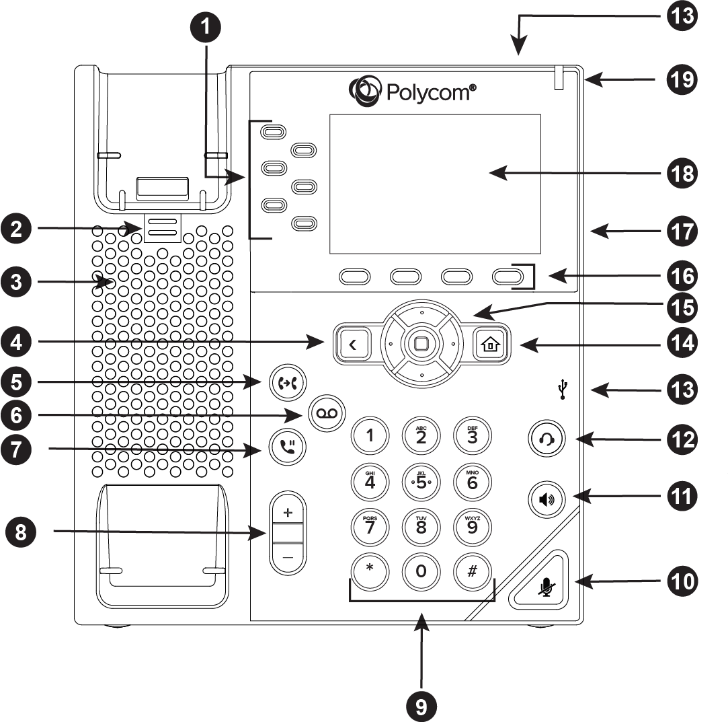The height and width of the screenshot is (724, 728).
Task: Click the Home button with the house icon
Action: coord(489,345)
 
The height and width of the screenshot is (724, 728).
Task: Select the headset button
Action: coord(546,439)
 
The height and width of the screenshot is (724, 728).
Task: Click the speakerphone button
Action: coord(546,501)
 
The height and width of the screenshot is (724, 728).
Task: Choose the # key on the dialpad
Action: coord(472,571)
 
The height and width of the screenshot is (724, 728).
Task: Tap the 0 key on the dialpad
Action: coord(420,571)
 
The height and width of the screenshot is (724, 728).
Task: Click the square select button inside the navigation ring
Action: coord(421,344)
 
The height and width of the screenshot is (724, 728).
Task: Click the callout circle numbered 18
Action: coord(682,173)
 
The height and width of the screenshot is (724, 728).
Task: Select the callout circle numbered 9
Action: coord(421,706)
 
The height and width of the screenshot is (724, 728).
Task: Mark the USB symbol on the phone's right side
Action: coord(562,389)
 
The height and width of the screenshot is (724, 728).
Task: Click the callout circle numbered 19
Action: coord(682,80)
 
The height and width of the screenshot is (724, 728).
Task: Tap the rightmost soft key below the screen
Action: coord(508,276)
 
